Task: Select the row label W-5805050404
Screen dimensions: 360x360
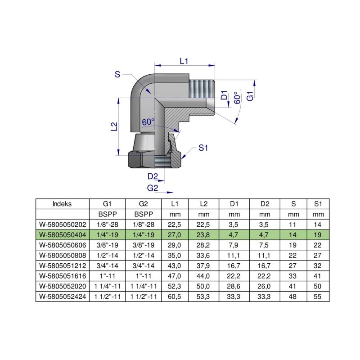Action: (x=62, y=234)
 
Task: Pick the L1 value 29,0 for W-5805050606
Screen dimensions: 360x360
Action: (x=175, y=244)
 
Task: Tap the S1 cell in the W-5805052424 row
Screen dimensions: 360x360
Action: (x=318, y=297)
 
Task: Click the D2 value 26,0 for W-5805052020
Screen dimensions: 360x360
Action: (x=265, y=286)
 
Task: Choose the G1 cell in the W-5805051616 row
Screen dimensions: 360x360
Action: (x=107, y=276)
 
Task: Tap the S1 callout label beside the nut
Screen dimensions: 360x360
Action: (x=203, y=147)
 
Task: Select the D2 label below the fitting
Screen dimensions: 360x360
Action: (x=153, y=176)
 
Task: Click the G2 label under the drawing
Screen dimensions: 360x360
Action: (x=153, y=187)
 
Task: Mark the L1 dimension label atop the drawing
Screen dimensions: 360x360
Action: (x=184, y=61)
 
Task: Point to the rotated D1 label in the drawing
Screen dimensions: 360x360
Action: (x=224, y=95)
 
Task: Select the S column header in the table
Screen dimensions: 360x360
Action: (x=293, y=203)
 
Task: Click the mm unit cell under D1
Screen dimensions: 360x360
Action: (x=234, y=214)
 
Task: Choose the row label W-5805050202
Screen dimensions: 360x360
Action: (x=62, y=224)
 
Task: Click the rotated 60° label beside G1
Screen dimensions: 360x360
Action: (x=237, y=98)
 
